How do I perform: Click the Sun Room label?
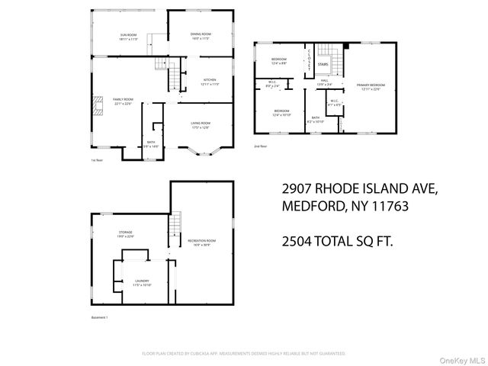coord(128,36)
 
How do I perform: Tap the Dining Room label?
coord(201,35)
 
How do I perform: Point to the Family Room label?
coord(124,100)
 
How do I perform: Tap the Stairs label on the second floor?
coord(323,64)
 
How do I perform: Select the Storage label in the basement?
coord(125,232)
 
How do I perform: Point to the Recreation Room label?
coord(202,242)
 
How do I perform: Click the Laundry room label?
coord(142,281)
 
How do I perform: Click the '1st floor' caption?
coord(97,160)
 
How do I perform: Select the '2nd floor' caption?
coord(261,145)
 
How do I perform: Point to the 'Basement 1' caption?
coord(99,318)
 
